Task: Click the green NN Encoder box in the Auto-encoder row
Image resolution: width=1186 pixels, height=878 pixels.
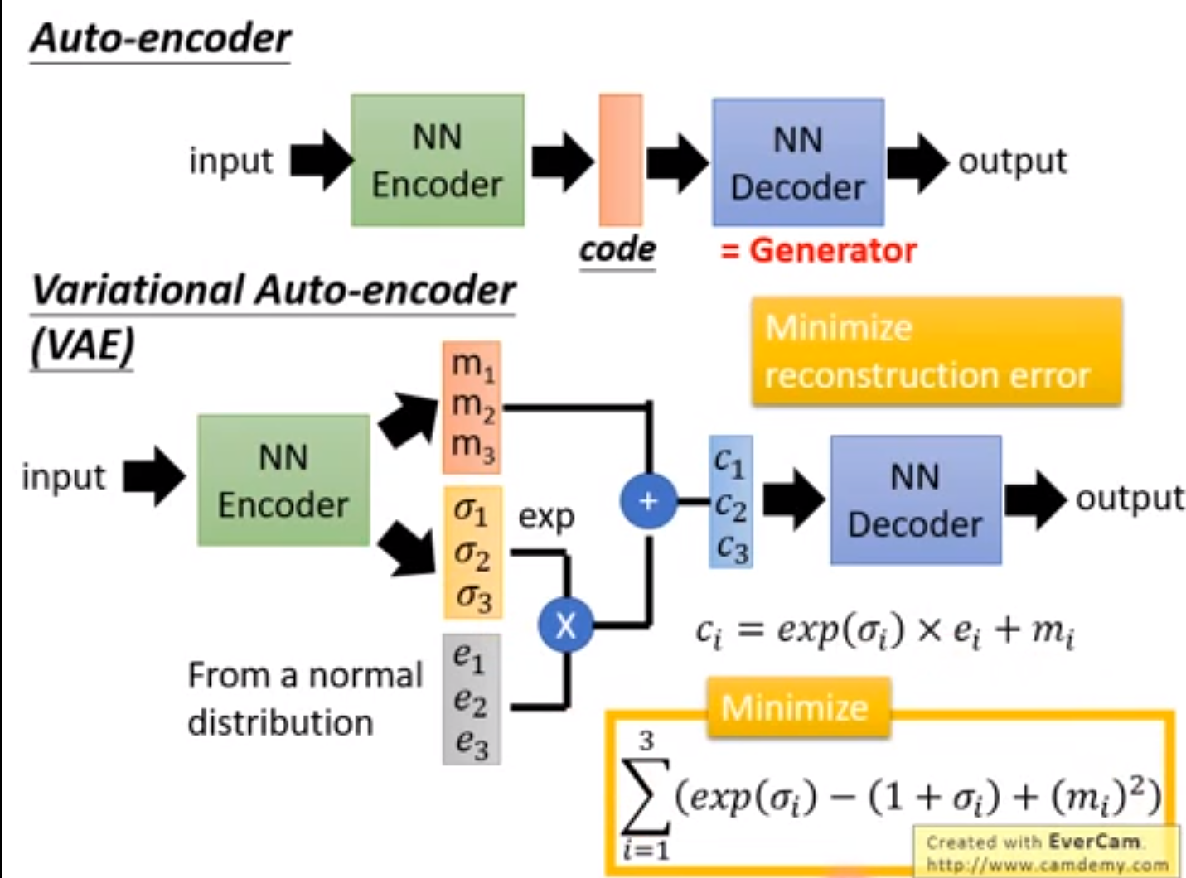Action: pos(437,160)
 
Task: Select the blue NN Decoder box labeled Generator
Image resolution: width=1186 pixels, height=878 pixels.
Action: pos(797,162)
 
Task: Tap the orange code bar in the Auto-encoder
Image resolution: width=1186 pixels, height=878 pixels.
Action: pos(621,159)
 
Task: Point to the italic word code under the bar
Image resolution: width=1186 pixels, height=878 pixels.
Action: pos(617,248)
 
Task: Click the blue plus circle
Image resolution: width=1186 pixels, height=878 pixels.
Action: pos(648,500)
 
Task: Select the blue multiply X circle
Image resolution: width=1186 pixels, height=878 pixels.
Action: pos(565,625)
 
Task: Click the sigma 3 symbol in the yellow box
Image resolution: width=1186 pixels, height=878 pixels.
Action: pos(473,596)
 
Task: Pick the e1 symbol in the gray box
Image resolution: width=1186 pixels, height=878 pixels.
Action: pos(469,658)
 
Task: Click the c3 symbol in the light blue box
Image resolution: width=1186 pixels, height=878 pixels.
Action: pos(732,548)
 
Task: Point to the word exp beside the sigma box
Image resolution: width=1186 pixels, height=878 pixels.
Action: pos(546,517)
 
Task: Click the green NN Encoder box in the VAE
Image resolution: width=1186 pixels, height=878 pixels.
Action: pos(283,480)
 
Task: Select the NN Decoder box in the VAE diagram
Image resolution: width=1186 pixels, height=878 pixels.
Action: pos(915,500)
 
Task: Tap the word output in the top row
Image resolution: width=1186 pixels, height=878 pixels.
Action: pos(1012,161)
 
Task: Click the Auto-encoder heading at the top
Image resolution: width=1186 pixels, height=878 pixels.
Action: pos(161,39)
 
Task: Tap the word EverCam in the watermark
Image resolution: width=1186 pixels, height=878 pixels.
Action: pos(1093,842)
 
